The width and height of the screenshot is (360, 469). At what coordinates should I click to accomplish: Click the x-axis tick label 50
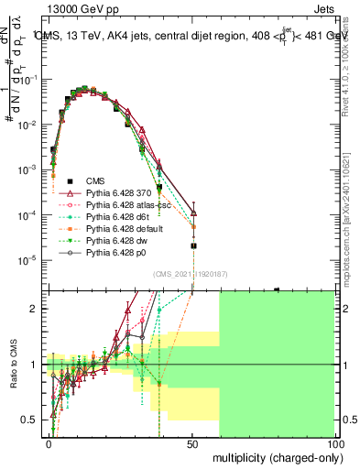[193, 443]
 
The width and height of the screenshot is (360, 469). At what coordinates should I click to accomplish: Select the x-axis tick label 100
[334, 443]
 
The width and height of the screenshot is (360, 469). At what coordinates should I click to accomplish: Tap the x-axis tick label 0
[49, 443]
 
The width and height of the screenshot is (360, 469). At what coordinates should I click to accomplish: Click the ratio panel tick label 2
[34, 309]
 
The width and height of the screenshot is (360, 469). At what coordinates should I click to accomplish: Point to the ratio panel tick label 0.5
[30, 420]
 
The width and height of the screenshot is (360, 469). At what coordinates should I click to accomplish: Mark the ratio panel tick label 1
[34, 365]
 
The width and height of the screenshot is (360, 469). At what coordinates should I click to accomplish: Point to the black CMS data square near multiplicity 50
[193, 245]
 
